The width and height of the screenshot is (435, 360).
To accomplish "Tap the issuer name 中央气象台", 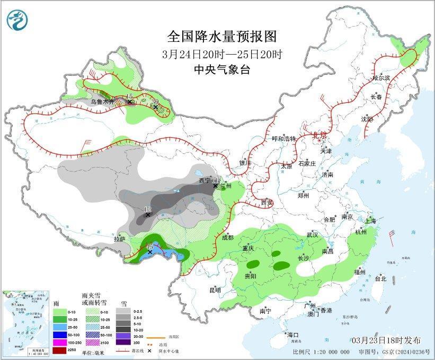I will [x=222, y=69].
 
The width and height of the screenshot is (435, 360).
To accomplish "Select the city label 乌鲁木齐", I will [x=101, y=101].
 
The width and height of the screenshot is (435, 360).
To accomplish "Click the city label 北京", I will [x=319, y=135].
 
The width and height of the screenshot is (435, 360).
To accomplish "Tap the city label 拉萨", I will [x=119, y=239].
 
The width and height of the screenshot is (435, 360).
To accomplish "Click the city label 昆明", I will [x=215, y=290].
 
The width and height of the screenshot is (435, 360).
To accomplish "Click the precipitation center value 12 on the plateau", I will [x=148, y=209].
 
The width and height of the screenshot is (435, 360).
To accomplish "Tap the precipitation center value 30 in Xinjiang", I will [x=155, y=101].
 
